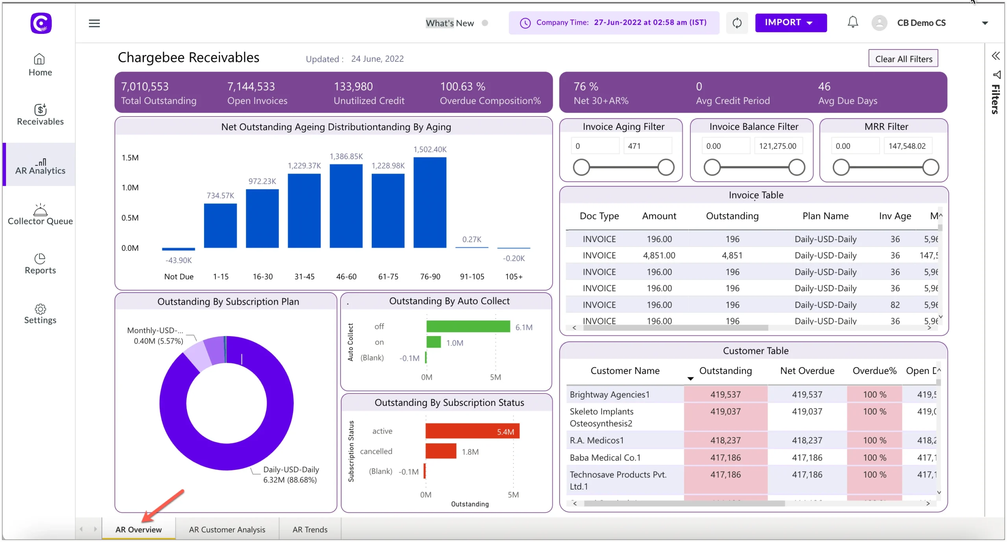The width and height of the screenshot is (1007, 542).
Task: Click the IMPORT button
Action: coord(790,23)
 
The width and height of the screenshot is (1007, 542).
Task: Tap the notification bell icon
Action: coord(852,22)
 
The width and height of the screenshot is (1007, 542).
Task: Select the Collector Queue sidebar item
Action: coord(40,215)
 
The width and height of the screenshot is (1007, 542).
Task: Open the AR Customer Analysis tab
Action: coord(227,529)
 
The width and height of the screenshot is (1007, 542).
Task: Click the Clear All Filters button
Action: coord(903,59)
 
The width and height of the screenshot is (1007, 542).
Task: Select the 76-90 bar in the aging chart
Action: coord(430,203)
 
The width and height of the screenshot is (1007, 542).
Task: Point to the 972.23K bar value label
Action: coord(262,181)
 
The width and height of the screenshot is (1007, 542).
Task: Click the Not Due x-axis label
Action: coord(179,276)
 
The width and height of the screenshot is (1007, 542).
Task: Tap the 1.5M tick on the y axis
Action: coord(130,157)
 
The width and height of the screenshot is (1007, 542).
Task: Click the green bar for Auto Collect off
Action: coord(468,326)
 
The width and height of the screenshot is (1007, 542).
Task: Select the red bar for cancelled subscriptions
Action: coord(441,451)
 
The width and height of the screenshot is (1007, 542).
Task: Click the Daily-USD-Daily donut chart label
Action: coord(291,469)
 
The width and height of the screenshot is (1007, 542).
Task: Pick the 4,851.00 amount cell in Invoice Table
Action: coord(659,255)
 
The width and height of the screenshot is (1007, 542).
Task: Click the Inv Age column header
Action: coord(895,216)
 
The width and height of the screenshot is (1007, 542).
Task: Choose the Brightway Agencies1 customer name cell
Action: coord(609,394)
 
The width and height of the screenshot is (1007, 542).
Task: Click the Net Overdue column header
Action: coord(807,370)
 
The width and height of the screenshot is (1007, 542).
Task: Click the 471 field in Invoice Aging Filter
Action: coord(647,146)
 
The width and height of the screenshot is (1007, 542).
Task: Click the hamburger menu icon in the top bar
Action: coord(94,23)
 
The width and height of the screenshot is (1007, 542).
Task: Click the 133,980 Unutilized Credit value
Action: coord(353,87)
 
